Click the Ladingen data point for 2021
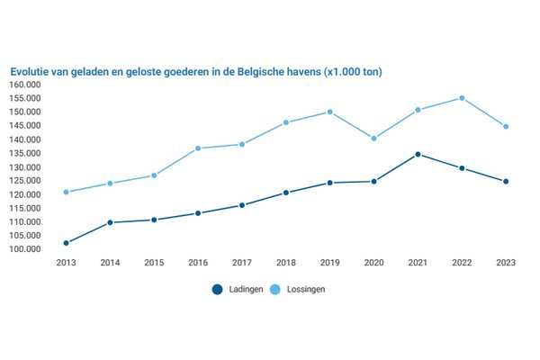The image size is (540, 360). pos(418,154)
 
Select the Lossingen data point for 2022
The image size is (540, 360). pos(462,98)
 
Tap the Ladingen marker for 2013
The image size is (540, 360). pos(66,243)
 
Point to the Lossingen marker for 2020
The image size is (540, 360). pos(373,139)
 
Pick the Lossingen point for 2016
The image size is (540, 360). pos(198,148)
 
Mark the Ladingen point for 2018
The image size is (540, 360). pos(286,193)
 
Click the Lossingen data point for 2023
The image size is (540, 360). pos(506,126)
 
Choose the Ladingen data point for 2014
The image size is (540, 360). pos(110,222)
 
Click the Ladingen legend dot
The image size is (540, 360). pos(217,289)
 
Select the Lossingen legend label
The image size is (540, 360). pos(305,289)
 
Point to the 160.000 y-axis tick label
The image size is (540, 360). pos(29,85)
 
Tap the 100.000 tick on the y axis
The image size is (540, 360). pos(29,249)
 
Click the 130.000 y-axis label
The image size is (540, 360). pos(29,167)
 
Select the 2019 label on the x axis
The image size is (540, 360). pos(329,263)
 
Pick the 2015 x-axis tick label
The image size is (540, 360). pos(154,263)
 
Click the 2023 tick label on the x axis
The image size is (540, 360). pos(506,263)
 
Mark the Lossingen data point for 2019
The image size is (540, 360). pos(329,112)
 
